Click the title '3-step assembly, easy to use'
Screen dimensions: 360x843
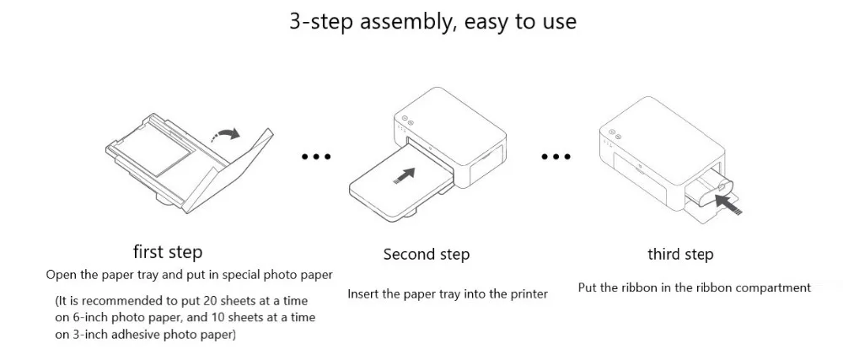[432, 21]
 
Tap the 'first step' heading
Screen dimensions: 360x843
[168, 252]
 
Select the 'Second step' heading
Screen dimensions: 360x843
[427, 255]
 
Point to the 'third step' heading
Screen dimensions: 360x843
[680, 255]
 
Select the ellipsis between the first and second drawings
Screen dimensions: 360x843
[316, 156]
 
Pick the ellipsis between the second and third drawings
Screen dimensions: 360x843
[556, 156]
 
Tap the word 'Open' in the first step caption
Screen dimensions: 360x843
[61, 275]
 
